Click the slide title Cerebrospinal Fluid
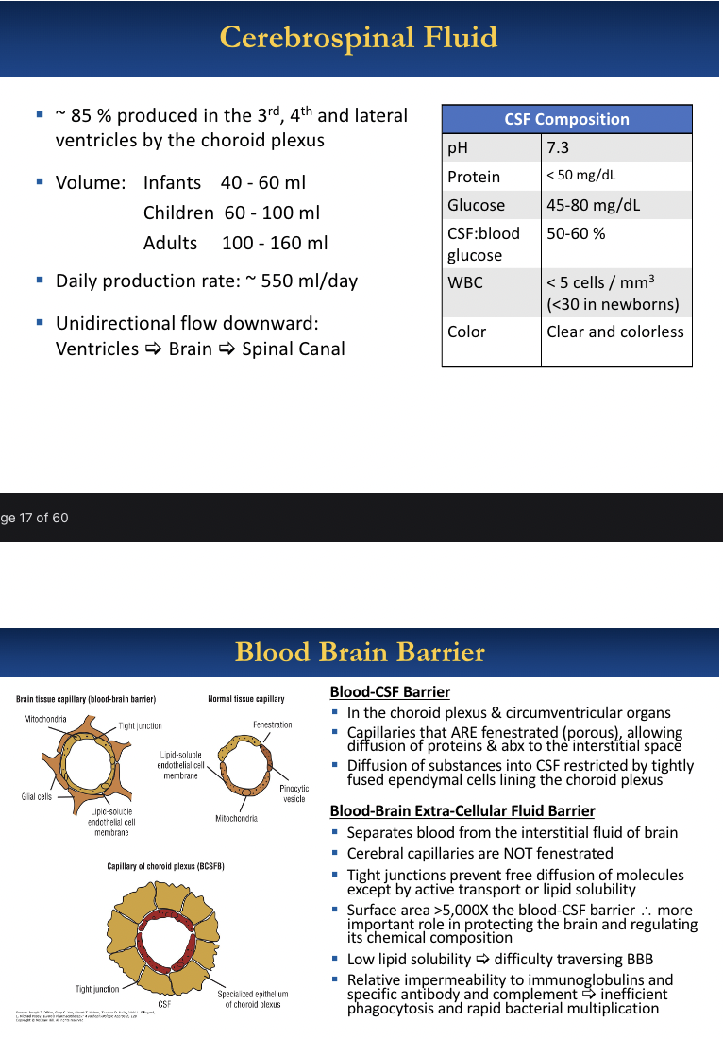pos(358,38)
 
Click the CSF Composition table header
pos(566,119)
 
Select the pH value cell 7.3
pos(558,147)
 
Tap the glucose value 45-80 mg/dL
pos(593,205)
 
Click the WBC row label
pos(465,282)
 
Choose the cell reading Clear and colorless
pos(614,332)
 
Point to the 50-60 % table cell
pos(576,233)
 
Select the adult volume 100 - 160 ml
pos(275,243)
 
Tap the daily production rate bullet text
pos(207,281)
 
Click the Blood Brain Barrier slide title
pos(360,652)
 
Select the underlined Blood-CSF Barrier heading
pos(390,692)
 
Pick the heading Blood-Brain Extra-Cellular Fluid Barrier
pos(462,810)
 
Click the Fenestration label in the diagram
pos(272,724)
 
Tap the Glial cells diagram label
pos(37,796)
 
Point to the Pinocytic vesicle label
pos(294,793)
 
